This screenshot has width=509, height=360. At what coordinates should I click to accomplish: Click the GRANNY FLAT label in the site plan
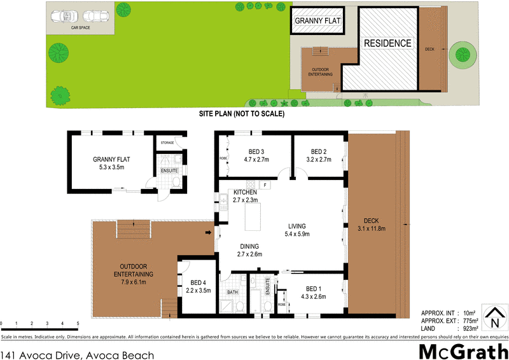coord(317,21)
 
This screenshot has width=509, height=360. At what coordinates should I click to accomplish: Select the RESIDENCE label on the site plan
coord(387,43)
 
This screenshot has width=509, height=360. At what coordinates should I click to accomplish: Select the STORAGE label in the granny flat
coord(167,142)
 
